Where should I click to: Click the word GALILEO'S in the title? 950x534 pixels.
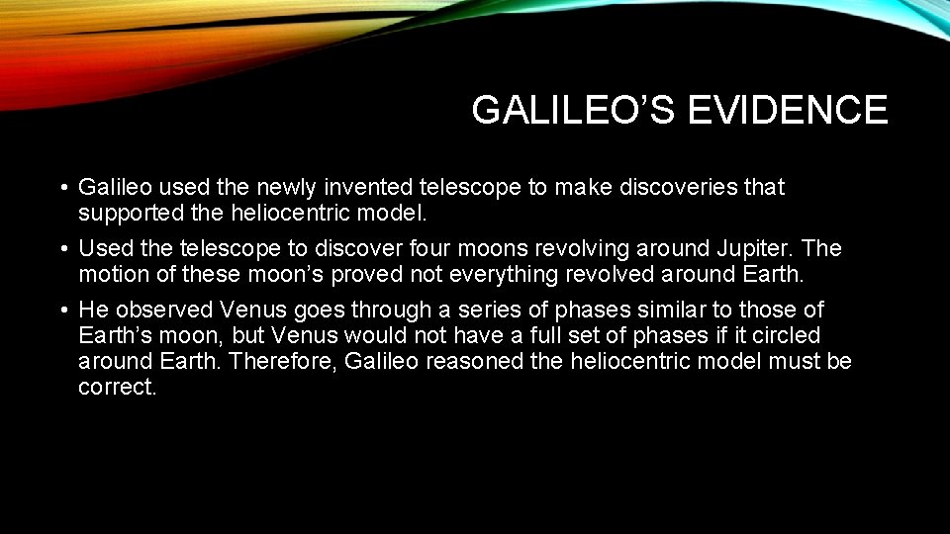pos(572,110)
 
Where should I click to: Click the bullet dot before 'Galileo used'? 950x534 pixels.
pos(62,188)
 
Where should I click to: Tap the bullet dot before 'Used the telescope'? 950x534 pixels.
pos(62,249)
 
